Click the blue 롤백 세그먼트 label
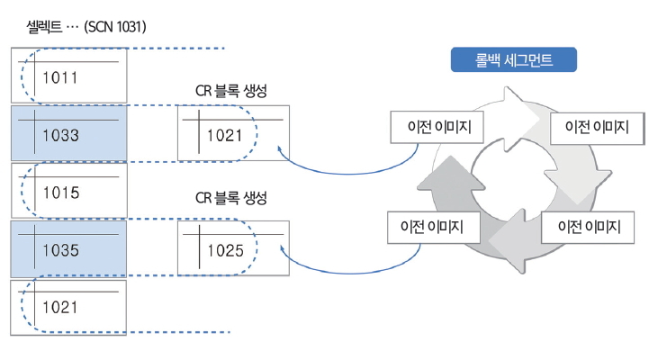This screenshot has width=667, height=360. click(513, 61)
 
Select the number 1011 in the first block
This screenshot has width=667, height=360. click(60, 77)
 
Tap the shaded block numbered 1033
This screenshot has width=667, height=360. click(68, 134)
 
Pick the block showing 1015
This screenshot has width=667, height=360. click(68, 192)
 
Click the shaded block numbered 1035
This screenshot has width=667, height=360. click(68, 249)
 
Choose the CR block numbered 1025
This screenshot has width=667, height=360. click(233, 249)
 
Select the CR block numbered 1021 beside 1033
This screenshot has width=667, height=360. click(233, 134)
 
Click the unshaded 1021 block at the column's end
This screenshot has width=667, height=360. click(68, 307)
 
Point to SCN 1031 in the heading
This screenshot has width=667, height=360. click(115, 27)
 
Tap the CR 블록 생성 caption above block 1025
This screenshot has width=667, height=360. click(231, 197)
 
